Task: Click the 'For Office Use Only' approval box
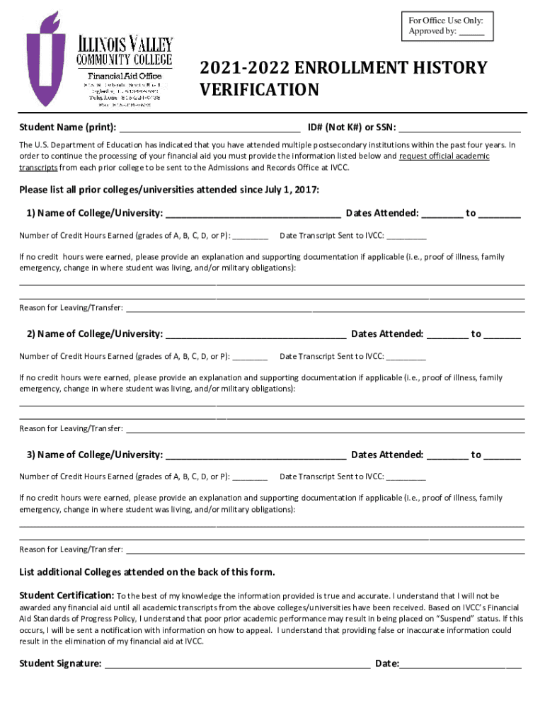coord(446,26)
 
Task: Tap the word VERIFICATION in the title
coord(259,91)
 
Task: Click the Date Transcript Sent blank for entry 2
coord(406,358)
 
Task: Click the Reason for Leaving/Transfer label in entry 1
coord(71,308)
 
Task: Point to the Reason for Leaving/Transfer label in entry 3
coord(71,549)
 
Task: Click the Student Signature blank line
coord(237,665)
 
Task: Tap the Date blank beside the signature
coord(461,665)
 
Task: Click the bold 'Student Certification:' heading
coord(67,595)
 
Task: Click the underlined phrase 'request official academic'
coord(444,156)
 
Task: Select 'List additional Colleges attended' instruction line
coord(147,572)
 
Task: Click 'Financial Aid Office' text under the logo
coord(124,76)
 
